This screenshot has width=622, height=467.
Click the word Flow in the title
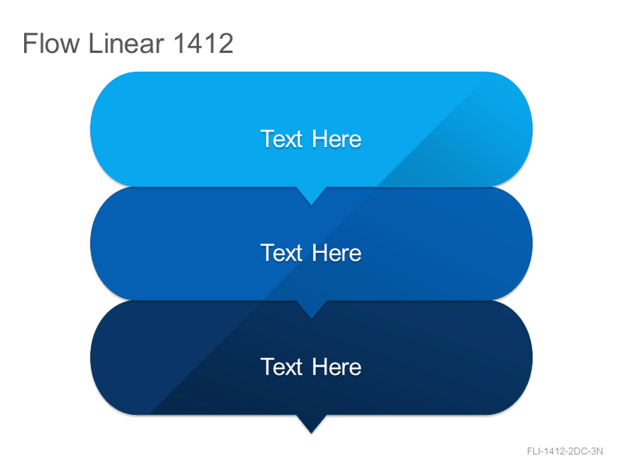(51, 44)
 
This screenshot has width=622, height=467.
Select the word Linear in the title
(126, 44)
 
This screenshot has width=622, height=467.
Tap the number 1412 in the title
(204, 44)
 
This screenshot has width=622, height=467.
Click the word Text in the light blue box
(281, 139)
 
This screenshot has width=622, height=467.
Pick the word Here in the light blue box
(337, 139)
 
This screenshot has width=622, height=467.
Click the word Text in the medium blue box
(281, 253)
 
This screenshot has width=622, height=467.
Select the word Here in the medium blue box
(337, 253)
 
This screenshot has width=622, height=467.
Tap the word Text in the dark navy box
(281, 367)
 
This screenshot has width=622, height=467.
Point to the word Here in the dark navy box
(337, 367)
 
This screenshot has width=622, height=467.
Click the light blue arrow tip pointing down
(312, 205)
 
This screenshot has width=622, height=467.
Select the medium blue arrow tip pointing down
(312, 318)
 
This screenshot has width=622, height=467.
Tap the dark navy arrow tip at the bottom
(312, 433)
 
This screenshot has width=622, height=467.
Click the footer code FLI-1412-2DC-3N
(565, 451)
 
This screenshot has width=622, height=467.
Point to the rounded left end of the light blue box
(115, 129)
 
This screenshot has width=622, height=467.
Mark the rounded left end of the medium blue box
(115, 243)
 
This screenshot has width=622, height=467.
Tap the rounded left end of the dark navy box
(115, 357)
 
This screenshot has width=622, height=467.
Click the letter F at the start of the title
(29, 44)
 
